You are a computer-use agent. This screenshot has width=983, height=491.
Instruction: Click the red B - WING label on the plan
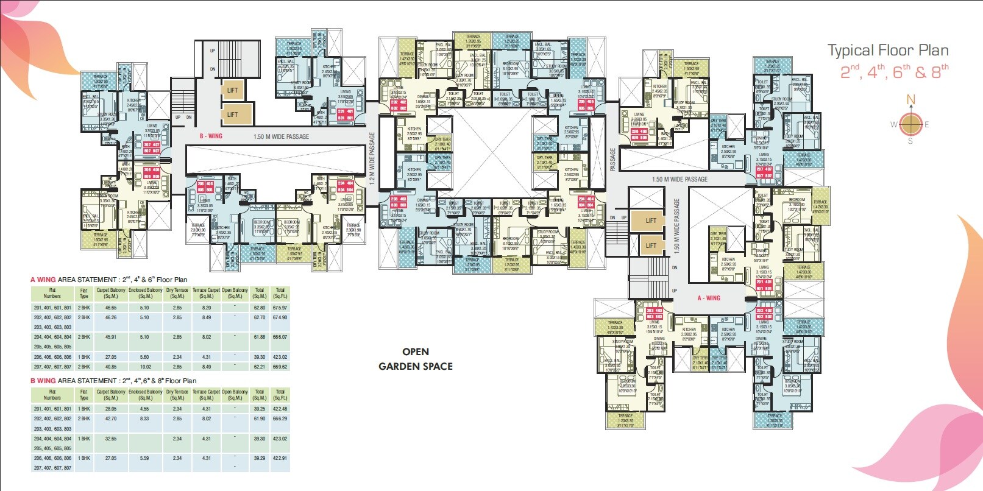[211, 136]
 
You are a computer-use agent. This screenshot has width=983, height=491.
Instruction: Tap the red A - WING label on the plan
[709, 298]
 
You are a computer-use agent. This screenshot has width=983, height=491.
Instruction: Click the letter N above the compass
[910, 100]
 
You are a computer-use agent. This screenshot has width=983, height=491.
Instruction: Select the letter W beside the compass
[894, 124]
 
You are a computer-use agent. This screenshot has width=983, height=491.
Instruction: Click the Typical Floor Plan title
[887, 51]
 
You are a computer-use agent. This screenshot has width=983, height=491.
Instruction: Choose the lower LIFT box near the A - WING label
[651, 245]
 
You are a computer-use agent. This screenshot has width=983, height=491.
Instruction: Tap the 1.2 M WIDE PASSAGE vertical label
[372, 158]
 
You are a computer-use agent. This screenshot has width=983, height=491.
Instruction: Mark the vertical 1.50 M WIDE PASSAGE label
[676, 225]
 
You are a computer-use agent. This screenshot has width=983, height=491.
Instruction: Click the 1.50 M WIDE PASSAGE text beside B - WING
[281, 136]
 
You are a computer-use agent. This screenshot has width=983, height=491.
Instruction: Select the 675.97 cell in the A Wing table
[280, 308]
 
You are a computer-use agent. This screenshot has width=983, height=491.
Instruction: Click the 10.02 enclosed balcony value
[145, 367]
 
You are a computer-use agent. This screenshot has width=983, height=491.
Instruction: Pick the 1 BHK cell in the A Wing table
[84, 357]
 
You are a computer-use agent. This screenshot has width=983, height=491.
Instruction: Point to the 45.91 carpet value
[110, 337]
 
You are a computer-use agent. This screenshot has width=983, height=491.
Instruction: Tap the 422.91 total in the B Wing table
[280, 458]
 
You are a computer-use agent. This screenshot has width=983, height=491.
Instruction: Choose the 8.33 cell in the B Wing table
[144, 419]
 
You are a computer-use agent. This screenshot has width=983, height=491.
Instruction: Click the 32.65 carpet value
[110, 439]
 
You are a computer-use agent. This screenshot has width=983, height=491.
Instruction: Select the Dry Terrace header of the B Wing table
[177, 395]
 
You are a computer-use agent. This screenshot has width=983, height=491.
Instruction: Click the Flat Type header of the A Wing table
[84, 293]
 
